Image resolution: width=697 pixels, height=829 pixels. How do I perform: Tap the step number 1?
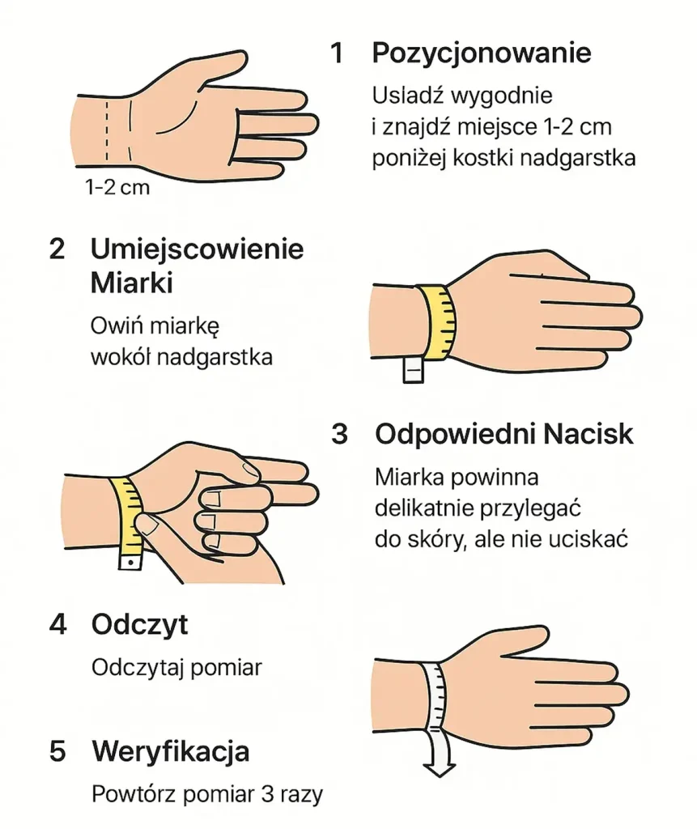tap(337, 53)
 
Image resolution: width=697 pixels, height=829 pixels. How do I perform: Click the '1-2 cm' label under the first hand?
tap(117, 187)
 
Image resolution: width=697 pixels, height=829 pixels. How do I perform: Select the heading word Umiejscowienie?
tap(198, 249)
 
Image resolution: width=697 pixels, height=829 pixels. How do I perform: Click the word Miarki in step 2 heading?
tap(132, 283)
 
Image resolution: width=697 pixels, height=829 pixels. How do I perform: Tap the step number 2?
tap(57, 249)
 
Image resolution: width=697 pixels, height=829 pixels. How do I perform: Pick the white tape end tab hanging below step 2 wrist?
tap(413, 369)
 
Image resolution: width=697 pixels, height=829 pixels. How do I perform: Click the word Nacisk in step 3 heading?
tap(588, 435)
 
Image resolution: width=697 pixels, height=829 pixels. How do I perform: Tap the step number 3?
tap(339, 435)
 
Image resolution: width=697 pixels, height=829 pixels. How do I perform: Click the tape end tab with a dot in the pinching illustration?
tap(130, 561)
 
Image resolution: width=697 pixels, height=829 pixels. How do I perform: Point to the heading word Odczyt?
tap(139, 626)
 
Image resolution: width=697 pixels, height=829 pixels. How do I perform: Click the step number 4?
tap(57, 625)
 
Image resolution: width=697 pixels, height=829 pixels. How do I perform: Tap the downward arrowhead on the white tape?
tap(440, 769)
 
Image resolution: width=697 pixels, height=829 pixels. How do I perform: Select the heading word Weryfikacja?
tap(170, 752)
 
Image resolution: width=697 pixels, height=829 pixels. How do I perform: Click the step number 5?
tap(57, 752)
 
